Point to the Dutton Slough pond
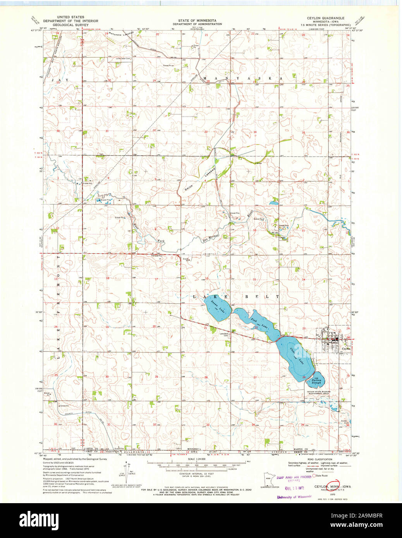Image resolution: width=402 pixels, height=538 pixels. click(x=316, y=381)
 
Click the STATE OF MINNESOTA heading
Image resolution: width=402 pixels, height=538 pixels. click(x=197, y=20)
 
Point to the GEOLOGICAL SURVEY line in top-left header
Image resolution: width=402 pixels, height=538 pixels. click(x=70, y=24)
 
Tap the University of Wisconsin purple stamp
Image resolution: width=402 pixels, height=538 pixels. click(x=294, y=497)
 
